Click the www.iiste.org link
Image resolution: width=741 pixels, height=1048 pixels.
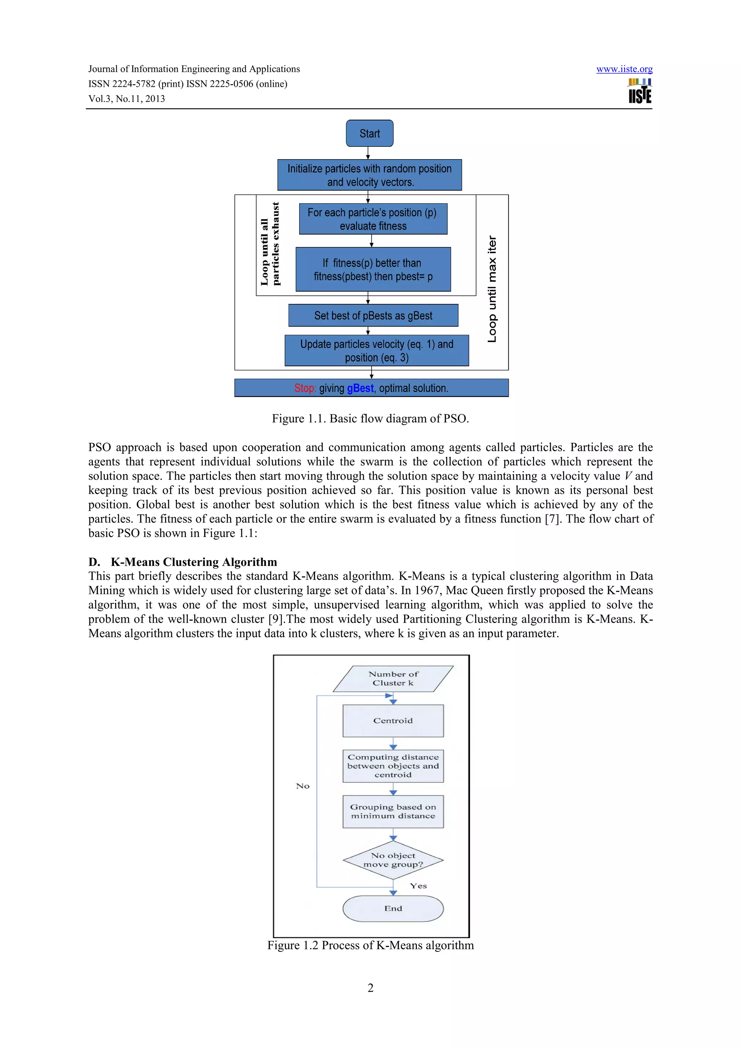[x=624, y=69]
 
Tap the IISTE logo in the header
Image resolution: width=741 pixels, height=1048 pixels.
[x=640, y=91]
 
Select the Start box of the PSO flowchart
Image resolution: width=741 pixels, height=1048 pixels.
[x=369, y=133]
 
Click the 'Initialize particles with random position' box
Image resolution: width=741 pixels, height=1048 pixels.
[x=369, y=175]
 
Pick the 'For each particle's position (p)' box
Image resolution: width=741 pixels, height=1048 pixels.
[x=373, y=219]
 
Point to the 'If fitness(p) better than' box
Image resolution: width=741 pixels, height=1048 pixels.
[x=373, y=269]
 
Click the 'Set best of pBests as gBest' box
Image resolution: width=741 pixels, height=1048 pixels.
[x=373, y=315]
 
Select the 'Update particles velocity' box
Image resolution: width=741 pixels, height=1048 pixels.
[x=376, y=350]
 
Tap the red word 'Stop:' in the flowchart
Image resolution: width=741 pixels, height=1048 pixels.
[x=305, y=388]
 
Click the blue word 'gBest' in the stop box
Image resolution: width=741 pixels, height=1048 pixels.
[x=360, y=388]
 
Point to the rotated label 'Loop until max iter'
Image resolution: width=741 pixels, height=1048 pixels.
[x=492, y=289]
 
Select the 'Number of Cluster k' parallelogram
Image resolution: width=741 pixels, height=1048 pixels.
[x=393, y=678]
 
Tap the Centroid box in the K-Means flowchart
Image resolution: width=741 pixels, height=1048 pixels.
[x=393, y=720]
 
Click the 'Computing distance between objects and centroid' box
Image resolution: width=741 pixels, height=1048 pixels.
[x=393, y=766]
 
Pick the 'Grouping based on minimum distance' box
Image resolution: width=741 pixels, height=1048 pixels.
[x=393, y=811]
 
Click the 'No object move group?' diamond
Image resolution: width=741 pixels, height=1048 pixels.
[x=393, y=860]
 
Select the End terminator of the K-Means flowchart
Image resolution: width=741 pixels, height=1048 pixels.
[x=393, y=908]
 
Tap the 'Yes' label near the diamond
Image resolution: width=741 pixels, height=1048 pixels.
[x=418, y=886]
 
